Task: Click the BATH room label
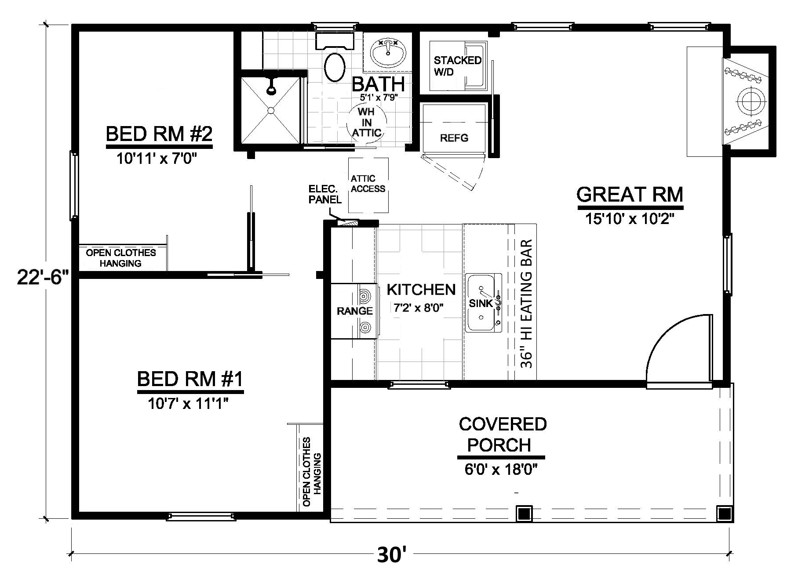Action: (378, 84)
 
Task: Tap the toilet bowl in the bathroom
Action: (335, 67)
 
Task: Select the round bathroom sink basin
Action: (387, 53)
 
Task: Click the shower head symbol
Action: (272, 88)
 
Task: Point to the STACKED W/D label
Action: (457, 66)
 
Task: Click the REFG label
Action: (454, 138)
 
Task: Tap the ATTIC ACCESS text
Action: (368, 184)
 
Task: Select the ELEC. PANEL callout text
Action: (325, 194)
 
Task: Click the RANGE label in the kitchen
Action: (354, 311)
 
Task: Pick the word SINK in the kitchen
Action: (481, 303)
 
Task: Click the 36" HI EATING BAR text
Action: (527, 304)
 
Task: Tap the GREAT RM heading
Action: (630, 195)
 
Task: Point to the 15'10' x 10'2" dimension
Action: (630, 218)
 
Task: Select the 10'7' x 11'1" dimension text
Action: (189, 403)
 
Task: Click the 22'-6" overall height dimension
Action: (43, 277)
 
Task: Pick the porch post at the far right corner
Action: (724, 513)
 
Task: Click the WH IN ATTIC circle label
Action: (366, 122)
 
